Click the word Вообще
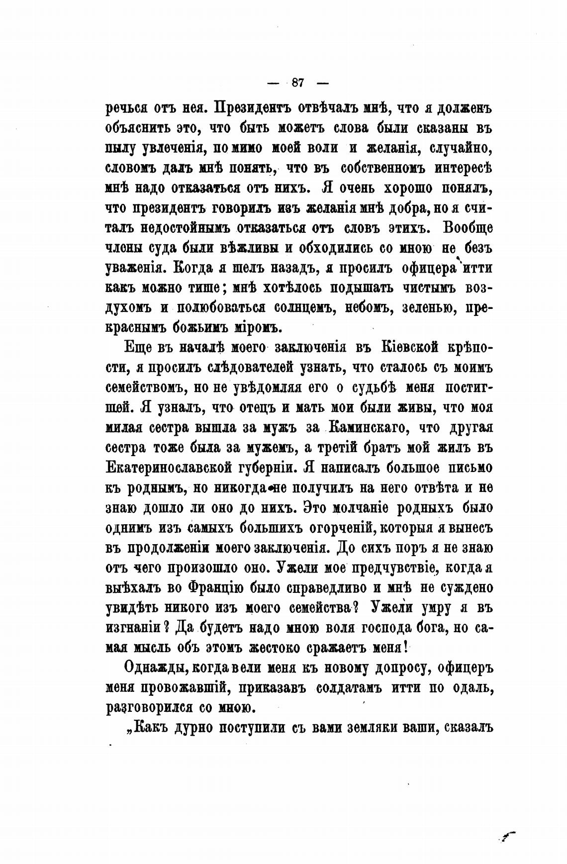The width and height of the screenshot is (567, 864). click(x=467, y=228)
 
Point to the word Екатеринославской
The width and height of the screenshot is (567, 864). click(x=185, y=468)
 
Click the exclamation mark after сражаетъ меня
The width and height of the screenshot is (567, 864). click(x=406, y=647)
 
